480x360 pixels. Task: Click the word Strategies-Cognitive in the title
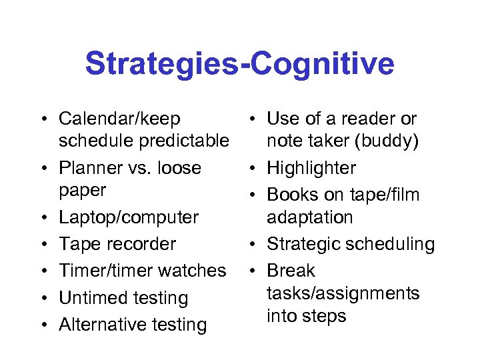coord(239,65)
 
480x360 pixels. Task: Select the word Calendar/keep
coord(119,119)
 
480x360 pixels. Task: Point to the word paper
coord(82,191)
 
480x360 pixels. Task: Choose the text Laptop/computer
coord(129,217)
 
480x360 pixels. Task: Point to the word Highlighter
coord(311,168)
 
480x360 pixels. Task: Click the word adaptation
coord(310,217)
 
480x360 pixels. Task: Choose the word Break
coord(291,271)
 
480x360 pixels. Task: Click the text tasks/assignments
coord(343,293)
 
